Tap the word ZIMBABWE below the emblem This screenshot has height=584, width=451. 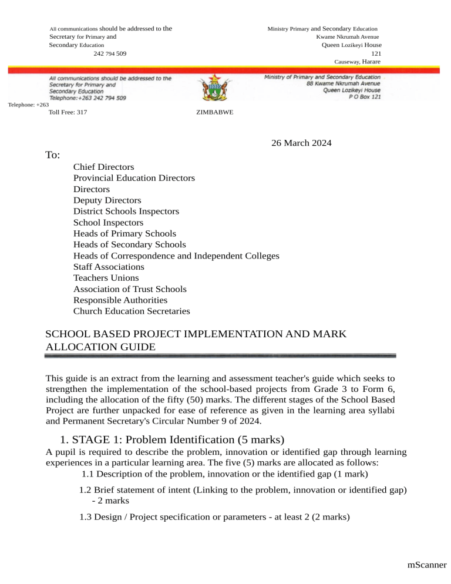point(213,112)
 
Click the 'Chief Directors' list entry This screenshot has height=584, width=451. point(103,167)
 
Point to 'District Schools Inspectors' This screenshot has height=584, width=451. point(126,212)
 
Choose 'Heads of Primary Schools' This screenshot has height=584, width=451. point(124,234)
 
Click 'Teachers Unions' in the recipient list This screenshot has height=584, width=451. point(106,278)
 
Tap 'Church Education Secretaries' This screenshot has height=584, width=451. point(132,311)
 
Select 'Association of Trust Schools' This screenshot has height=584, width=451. point(130,289)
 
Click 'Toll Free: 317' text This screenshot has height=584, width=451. point(69,112)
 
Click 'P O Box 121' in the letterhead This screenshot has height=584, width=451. point(364,97)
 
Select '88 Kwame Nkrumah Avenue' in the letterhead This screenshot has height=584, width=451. point(343,83)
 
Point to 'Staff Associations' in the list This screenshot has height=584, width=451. point(109,267)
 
